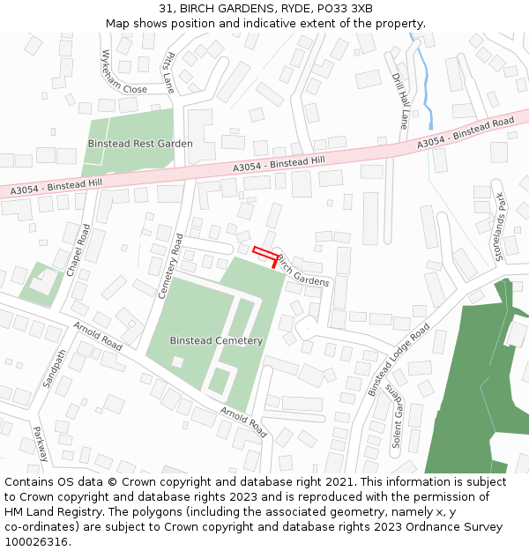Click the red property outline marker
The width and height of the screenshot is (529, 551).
(x=264, y=252)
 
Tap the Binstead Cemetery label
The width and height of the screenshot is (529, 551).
(x=216, y=340)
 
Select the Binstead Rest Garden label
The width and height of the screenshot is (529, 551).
(x=140, y=143)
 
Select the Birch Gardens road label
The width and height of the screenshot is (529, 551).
(x=303, y=270)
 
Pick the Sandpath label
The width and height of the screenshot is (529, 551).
(x=54, y=369)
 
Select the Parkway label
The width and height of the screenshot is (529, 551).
(x=41, y=445)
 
